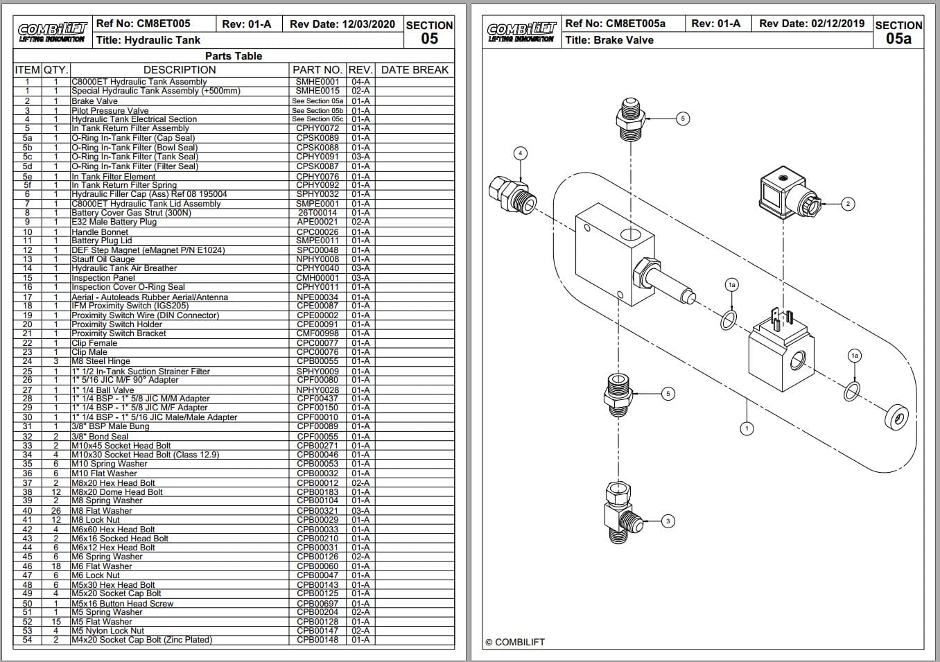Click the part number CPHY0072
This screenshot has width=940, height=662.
click(317, 128)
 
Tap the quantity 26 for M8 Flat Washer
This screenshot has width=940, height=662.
click(55, 511)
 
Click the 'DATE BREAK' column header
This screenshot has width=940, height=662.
click(415, 69)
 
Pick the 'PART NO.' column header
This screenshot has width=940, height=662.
click(317, 69)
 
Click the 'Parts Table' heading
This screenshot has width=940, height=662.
click(234, 56)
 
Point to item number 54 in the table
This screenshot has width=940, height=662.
click(28, 640)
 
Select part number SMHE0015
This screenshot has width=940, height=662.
click(317, 91)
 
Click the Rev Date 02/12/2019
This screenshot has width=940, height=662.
click(812, 24)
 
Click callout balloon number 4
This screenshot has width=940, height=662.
click(520, 153)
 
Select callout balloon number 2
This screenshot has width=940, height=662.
click(847, 204)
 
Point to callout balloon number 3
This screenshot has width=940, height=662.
click(668, 521)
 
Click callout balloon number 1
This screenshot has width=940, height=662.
click(747, 428)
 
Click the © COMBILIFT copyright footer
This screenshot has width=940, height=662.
click(515, 642)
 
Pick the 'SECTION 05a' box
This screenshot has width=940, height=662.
click(898, 32)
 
